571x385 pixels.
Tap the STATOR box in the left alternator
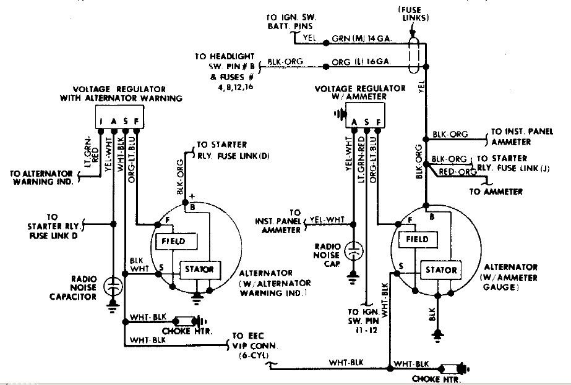point(198,269)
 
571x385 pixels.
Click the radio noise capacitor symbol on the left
point(113,286)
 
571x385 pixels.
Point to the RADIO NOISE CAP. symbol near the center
point(353,252)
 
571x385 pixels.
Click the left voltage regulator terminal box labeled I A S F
point(119,119)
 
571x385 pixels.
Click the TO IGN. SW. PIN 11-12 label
point(361,322)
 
